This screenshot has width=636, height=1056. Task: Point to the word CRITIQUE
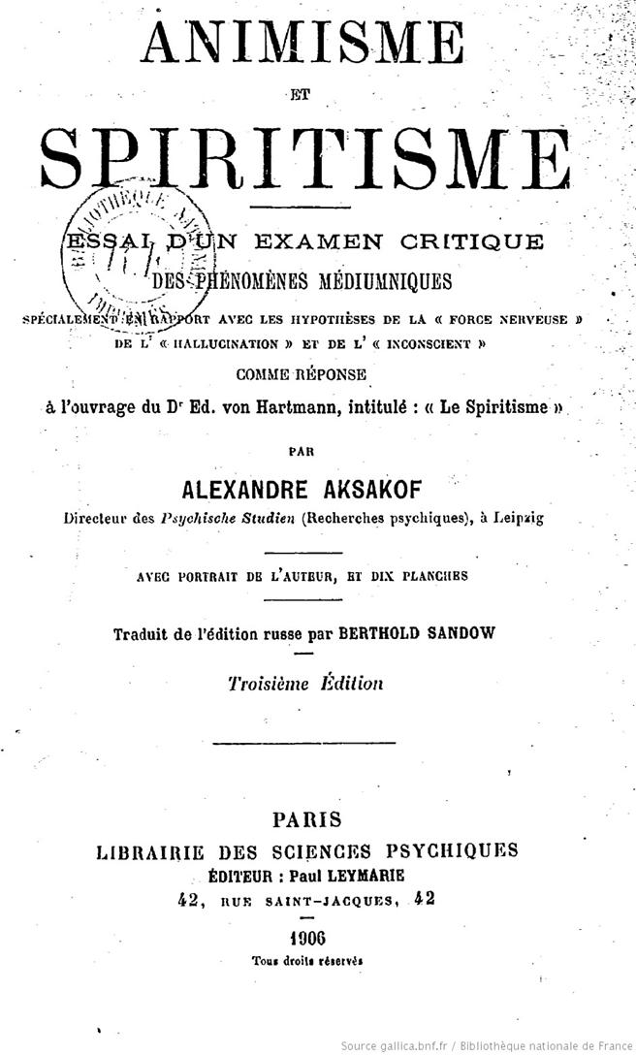point(478,240)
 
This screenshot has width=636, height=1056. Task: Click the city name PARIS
point(306,819)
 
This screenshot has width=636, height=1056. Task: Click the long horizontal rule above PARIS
point(303,743)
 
